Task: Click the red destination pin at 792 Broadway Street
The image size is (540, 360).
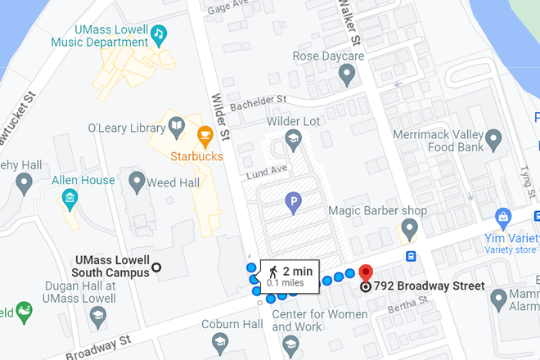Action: click(365, 274)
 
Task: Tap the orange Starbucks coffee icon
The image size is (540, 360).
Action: click(205, 133)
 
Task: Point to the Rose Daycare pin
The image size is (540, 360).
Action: click(346, 75)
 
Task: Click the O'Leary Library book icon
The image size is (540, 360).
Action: click(177, 127)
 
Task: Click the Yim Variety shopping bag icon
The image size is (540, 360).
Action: click(505, 217)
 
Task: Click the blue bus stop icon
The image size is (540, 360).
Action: click(410, 255)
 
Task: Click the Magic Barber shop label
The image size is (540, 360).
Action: click(377, 211)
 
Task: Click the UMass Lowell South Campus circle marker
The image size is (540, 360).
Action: click(156, 267)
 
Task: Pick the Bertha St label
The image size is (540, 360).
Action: click(409, 302)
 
